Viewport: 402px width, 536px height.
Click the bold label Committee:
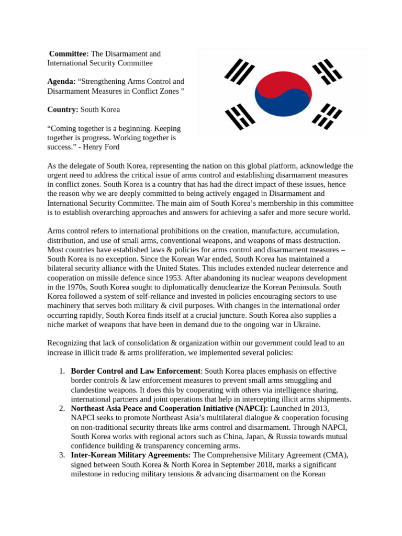pyautogui.click(x=69, y=54)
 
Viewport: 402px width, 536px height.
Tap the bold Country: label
pyautogui.click(x=63, y=109)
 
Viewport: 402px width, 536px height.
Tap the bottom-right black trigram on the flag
pyautogui.click(x=327, y=116)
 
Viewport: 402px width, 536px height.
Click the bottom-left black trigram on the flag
pyautogui.click(x=240, y=116)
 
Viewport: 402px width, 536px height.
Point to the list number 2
pyautogui.click(x=62, y=408)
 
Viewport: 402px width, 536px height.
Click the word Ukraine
pyautogui.click(x=306, y=325)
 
